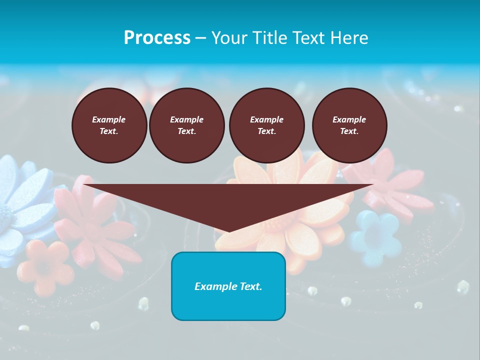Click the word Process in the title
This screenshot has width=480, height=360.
157,38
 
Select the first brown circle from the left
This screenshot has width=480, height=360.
109,125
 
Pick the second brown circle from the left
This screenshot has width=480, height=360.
186,125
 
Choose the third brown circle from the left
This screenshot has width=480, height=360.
266,125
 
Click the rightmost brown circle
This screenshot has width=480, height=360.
349,125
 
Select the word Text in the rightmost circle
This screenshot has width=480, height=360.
349,131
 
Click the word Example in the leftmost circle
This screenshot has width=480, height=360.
109,119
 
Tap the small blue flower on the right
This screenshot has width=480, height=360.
375,238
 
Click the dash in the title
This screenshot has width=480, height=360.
201,38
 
